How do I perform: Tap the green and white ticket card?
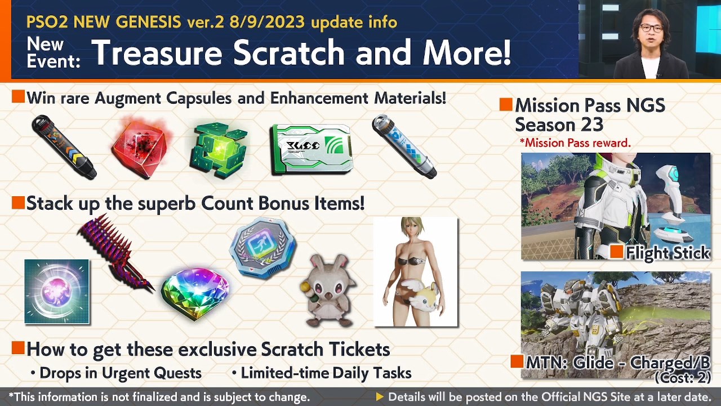[x=312, y=148]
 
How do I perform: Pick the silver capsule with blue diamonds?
[x=404, y=146]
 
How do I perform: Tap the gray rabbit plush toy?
[x=327, y=291]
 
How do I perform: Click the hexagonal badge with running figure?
[x=262, y=249]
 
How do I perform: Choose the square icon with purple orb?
[x=57, y=292]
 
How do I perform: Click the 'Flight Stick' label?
[x=667, y=253]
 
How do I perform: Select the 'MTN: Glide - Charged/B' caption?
[x=617, y=363]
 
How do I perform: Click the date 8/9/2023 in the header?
[x=266, y=22]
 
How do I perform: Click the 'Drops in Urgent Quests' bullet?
[x=120, y=373]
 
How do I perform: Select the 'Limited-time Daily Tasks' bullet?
[x=326, y=373]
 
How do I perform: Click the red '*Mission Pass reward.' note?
[x=575, y=143]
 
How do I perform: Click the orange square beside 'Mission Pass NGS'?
[x=505, y=104]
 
